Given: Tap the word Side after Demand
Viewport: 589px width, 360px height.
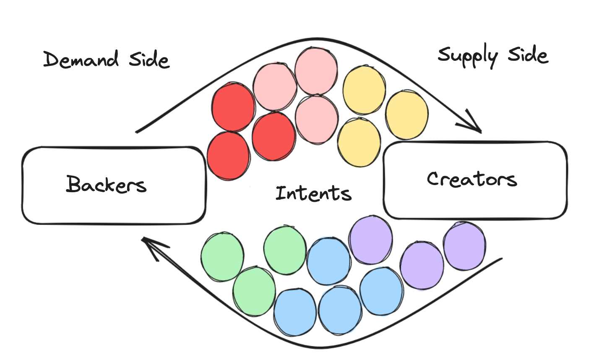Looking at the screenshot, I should (149, 60).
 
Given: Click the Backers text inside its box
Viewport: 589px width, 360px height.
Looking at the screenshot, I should (106, 184).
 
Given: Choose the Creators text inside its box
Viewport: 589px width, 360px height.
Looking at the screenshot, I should (472, 179).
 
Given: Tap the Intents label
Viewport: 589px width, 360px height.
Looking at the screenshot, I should (313, 193).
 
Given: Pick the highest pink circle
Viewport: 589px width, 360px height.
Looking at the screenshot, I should (316, 70).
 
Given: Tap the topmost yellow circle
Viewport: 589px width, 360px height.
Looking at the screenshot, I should (364, 90).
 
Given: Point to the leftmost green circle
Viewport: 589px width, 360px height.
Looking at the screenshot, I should (222, 256).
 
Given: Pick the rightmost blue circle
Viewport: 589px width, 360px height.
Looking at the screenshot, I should (381, 291).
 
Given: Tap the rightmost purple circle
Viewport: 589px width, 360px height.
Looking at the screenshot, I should (464, 246).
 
